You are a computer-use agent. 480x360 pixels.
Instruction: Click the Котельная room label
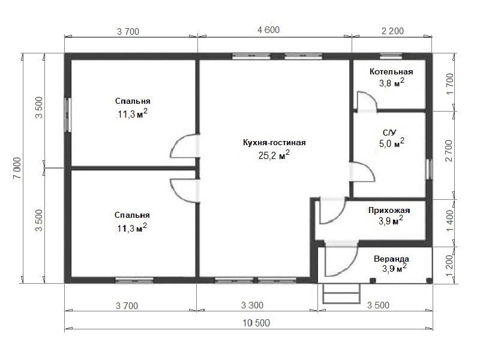click(391, 71)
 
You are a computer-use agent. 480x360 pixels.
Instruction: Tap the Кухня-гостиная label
click(274, 143)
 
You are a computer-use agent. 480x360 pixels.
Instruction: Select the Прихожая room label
click(389, 211)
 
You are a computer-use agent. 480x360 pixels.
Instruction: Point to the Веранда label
click(391, 259)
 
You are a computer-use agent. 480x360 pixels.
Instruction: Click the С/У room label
click(389, 133)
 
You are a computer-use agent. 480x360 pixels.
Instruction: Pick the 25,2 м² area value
click(274, 155)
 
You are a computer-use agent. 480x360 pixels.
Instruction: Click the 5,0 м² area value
click(392, 143)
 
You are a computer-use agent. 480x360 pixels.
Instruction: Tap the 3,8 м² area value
click(392, 82)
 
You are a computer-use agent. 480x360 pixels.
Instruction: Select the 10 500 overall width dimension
click(256, 323)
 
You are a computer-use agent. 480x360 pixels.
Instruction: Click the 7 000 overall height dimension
click(17, 169)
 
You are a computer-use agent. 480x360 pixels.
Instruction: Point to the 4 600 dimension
click(268, 30)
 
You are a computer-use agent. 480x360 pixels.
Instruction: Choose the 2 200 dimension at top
click(392, 31)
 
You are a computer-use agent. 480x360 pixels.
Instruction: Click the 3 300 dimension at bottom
click(252, 305)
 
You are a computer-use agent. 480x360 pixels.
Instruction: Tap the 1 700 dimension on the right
click(449, 84)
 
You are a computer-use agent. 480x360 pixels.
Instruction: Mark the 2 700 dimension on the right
click(449, 151)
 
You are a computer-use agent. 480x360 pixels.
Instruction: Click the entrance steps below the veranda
click(341, 293)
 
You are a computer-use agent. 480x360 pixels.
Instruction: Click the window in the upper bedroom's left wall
click(68, 115)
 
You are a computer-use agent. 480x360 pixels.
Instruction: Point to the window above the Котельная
click(391, 56)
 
